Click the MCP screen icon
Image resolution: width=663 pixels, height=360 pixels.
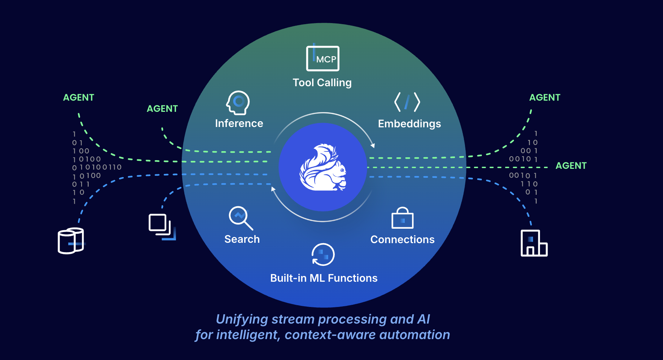pos(323,58)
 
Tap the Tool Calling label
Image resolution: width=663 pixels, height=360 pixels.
pos(322,83)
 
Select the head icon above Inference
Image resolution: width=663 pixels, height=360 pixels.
pos(238,102)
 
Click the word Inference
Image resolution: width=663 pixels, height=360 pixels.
pos(239,123)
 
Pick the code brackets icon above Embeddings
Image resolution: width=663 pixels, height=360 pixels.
pos(407,102)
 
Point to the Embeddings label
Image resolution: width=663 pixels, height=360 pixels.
pos(409,124)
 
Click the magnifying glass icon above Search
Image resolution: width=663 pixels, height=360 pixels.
pos(240,218)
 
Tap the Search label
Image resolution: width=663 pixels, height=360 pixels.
pos(242,239)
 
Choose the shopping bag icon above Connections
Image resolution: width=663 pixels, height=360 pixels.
pos(403,218)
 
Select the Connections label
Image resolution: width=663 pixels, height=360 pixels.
pos(403,240)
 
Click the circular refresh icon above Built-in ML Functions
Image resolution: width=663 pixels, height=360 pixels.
pos(323,255)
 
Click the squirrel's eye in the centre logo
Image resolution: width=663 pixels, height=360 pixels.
pos(342,170)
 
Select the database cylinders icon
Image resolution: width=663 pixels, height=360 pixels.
pos(71,241)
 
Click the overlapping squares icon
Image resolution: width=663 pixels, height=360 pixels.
pos(162,227)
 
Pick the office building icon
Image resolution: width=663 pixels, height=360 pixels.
pos(534,243)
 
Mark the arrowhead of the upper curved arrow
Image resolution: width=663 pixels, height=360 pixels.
pos(373,145)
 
